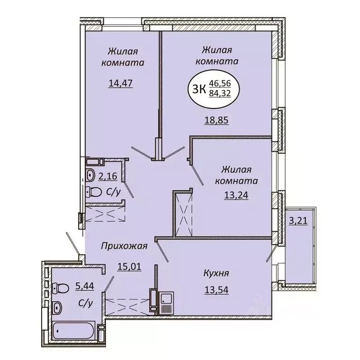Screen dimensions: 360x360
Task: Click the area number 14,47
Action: pyautogui.click(x=120, y=83)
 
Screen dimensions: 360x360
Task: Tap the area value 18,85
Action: pyautogui.click(x=216, y=120)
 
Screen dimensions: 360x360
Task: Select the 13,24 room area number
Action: pyautogui.click(x=236, y=195)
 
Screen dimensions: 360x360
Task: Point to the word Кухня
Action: pyautogui.click(x=216, y=273)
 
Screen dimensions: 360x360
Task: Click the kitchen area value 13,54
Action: pyautogui.click(x=216, y=290)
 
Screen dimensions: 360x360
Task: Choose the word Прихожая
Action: pyautogui.click(x=124, y=246)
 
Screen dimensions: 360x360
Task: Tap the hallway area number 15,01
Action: pyautogui.click(x=129, y=267)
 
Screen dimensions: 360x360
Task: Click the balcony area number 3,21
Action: pyautogui.click(x=298, y=221)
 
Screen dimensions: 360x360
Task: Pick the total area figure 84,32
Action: pyautogui.click(x=220, y=93)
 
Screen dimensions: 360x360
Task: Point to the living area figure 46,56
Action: pyautogui.click(x=220, y=83)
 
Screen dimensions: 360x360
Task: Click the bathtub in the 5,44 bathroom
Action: pyautogui.click(x=73, y=331)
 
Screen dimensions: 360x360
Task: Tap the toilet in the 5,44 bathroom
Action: pyautogui.click(x=60, y=288)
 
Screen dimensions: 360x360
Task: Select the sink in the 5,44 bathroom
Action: pyautogui.click(x=57, y=307)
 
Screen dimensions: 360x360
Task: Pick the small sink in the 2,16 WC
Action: pyautogui.click(x=90, y=175)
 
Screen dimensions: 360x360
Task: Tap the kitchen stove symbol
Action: pyautogui.click(x=166, y=303)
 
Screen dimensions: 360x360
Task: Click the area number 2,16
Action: pyautogui.click(x=108, y=176)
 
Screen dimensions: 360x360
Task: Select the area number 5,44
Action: pyautogui.click(x=84, y=286)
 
